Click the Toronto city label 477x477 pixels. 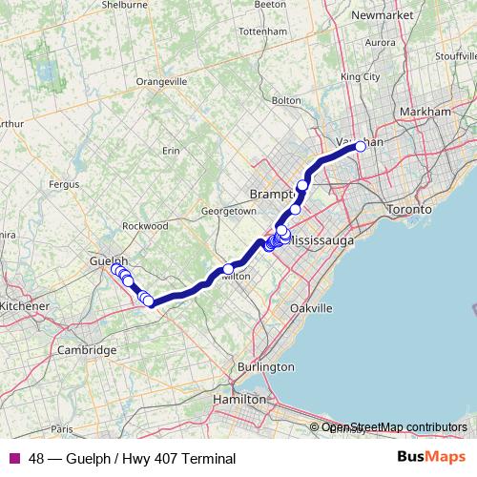coord(411,209)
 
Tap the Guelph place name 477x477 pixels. coord(107,259)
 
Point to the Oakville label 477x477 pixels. coord(311,308)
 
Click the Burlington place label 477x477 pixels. coord(266,366)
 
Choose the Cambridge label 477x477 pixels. coord(87,350)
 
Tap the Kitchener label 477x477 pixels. coord(24,305)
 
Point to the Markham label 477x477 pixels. coord(425,112)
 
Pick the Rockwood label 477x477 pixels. coord(145,226)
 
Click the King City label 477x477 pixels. coord(361,76)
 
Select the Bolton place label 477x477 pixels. coord(286,99)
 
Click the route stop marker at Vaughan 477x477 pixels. coord(361,146)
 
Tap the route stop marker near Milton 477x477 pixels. coord(227,268)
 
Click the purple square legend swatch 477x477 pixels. coord(13,459)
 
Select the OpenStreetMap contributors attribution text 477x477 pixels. coord(394,427)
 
